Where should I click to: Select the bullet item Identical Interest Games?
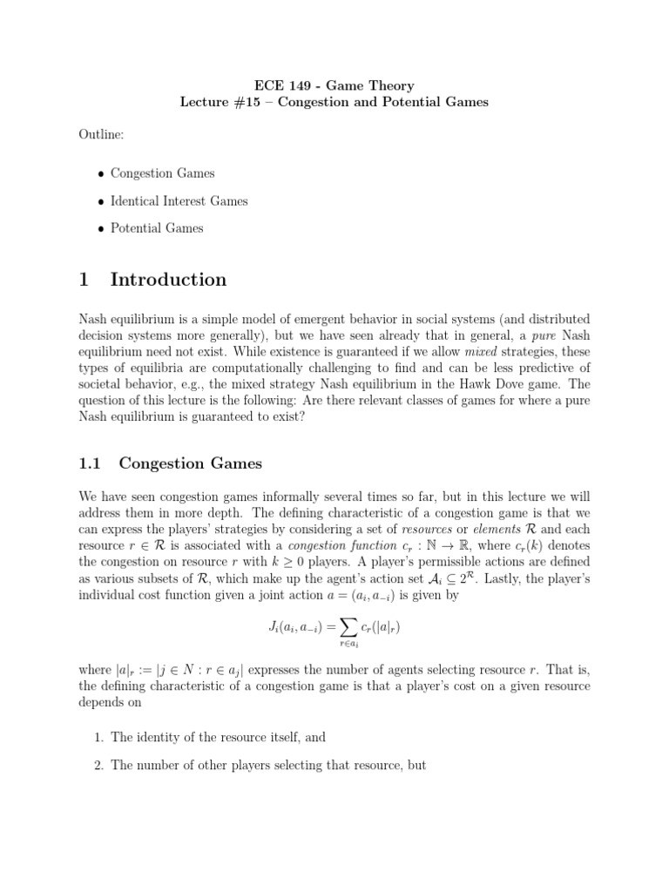pyautogui.click(x=179, y=200)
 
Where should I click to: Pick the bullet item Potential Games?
pyautogui.click(x=157, y=228)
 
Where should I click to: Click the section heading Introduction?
pyautogui.click(x=168, y=280)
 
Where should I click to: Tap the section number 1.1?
pyautogui.click(x=91, y=463)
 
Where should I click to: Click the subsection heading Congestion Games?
pyautogui.click(x=190, y=463)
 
